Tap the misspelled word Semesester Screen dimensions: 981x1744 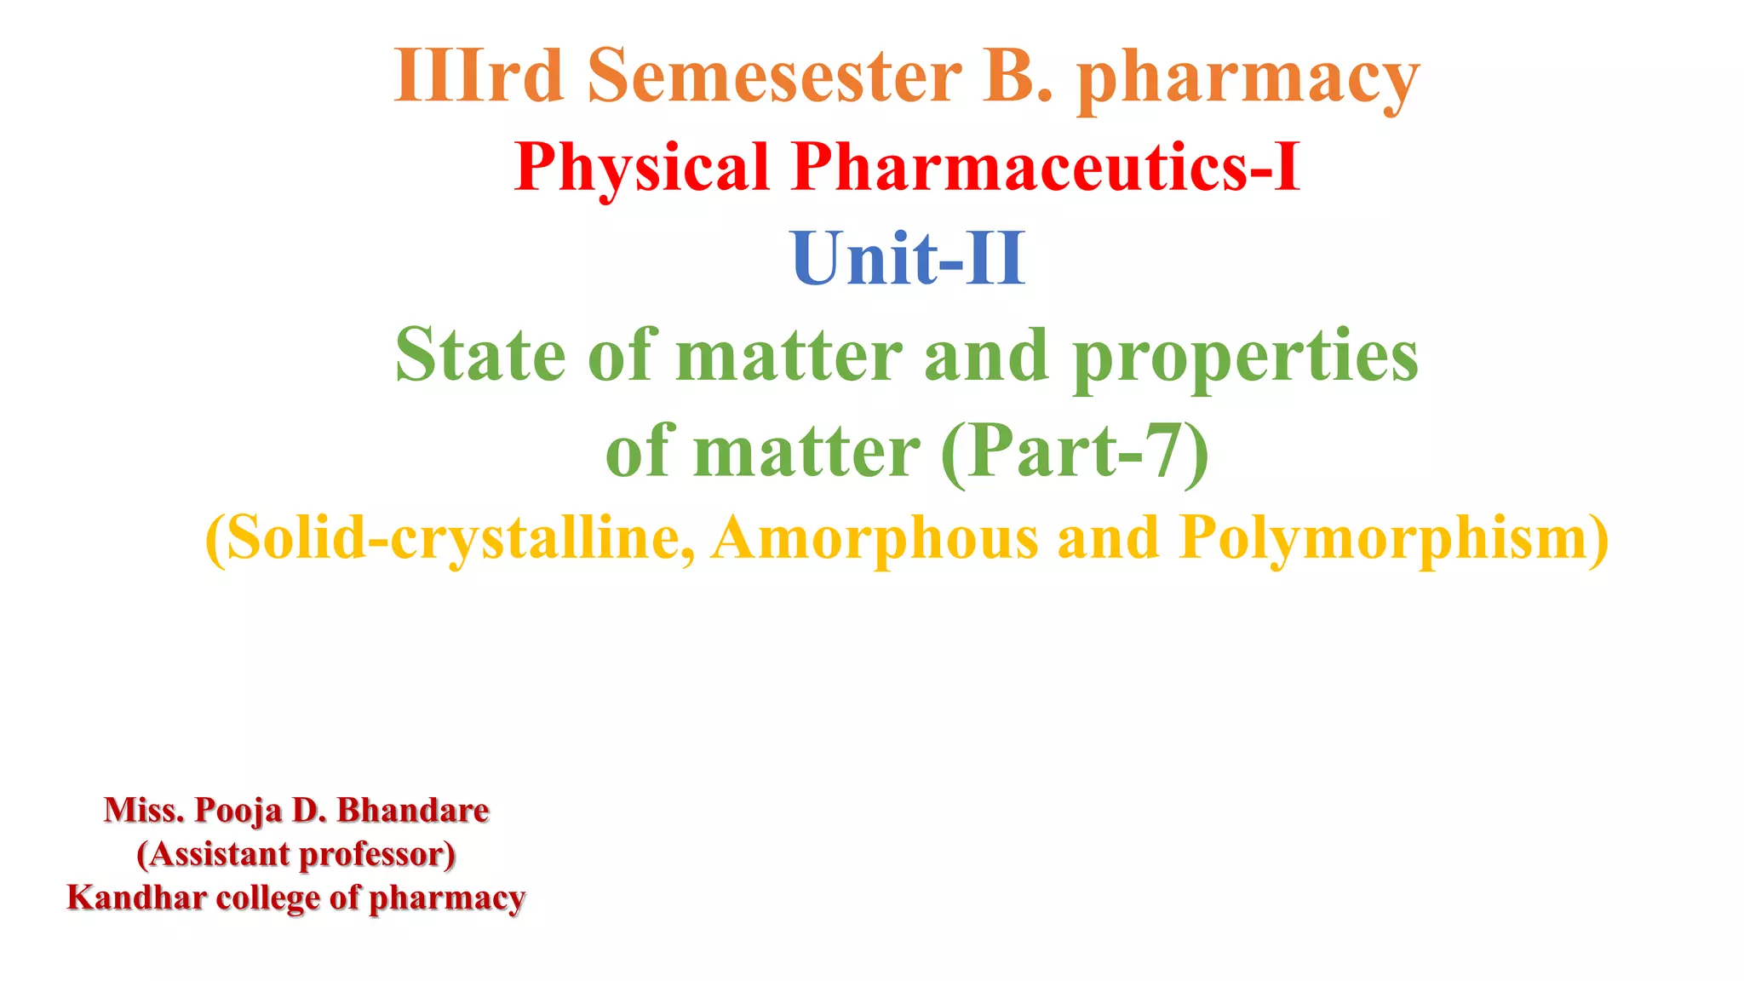point(774,77)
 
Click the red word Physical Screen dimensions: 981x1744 point(642,168)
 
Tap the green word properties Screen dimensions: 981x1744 point(1245,358)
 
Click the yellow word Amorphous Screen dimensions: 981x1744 point(875,538)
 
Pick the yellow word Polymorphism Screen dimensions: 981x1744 point(1393,540)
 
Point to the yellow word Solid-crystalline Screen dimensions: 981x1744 point(451,540)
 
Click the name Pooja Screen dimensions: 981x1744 point(238,811)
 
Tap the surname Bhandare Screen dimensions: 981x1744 point(413,810)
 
